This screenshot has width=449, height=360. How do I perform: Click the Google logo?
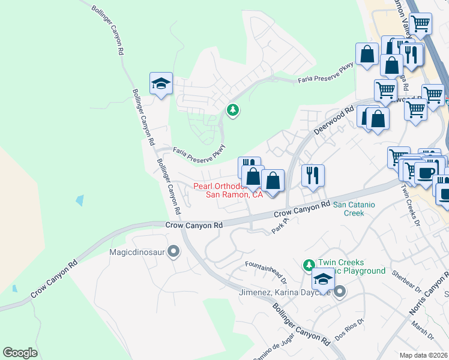point(20,353)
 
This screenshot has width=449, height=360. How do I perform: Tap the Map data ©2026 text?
point(424,355)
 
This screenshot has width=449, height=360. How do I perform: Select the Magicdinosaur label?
point(137,252)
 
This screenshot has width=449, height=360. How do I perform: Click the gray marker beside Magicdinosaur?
point(174,251)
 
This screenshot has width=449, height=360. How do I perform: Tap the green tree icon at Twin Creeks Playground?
point(309,265)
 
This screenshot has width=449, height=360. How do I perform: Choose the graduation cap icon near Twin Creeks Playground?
point(323,279)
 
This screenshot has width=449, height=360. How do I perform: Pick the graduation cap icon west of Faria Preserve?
point(161,83)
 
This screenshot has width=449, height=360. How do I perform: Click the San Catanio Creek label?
point(354,208)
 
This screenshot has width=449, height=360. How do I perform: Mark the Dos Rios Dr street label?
point(349,329)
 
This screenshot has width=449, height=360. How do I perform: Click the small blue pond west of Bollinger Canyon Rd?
point(80,200)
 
